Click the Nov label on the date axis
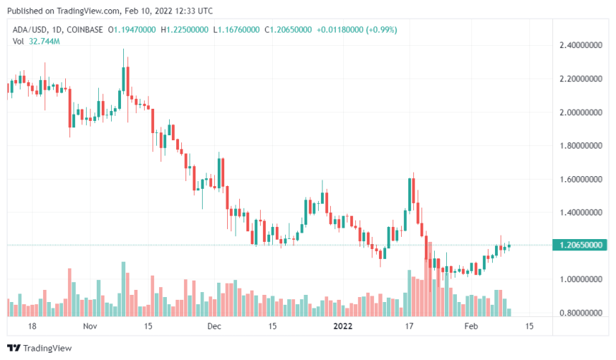[x=89, y=326]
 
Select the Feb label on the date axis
[x=470, y=326]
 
